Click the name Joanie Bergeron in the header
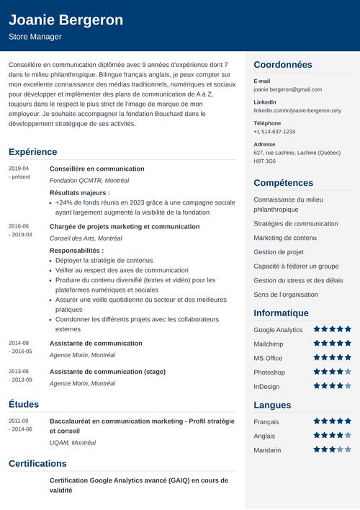tap(66, 19)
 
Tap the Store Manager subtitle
tap(35, 37)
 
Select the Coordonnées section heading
tap(283, 65)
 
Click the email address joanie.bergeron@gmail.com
tap(287, 89)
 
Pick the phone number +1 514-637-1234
tap(274, 132)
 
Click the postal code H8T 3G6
tap(265, 161)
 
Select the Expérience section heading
tap(32, 152)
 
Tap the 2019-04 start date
tap(19, 168)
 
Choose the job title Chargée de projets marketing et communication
tap(125, 226)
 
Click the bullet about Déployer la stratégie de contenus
tap(104, 261)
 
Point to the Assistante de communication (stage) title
tap(107, 372)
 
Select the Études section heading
tap(24, 404)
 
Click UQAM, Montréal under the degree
tap(73, 442)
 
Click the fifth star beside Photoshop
tap(348, 372)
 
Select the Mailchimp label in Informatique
tap(268, 344)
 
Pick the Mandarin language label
tap(268, 450)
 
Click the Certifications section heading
tap(37, 463)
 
